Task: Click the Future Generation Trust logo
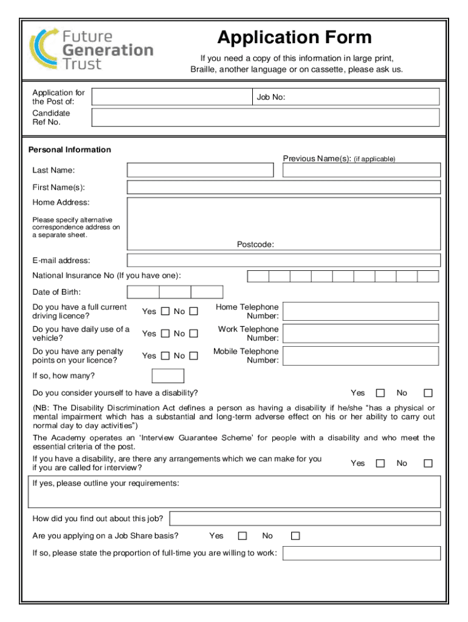coord(91,49)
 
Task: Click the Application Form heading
coord(294,38)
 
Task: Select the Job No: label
coord(271,97)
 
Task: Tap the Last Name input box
coord(200,170)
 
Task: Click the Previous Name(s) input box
coord(362,170)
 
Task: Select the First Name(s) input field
coord(283,187)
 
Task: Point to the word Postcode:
coord(255,244)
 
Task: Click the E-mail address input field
coord(283,261)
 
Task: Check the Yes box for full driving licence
coord(165,312)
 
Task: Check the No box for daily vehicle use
coord(193,333)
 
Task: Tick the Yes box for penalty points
coord(165,356)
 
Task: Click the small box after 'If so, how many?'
coord(168,375)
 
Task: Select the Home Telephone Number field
coord(361,312)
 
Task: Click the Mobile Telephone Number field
coord(361,356)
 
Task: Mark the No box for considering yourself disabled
coord(428,393)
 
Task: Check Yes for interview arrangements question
coord(380,463)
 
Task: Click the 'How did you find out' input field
coord(305,518)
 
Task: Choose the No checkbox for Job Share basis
coord(295,536)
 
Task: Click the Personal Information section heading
coord(70,149)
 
